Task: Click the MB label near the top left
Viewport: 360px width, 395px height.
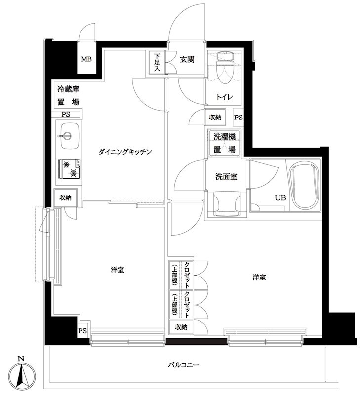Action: coord(86,60)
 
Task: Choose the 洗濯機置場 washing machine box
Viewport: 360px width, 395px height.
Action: coord(224,143)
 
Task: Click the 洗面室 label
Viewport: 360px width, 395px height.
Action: coord(226,176)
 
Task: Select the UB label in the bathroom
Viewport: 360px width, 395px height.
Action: coord(280,198)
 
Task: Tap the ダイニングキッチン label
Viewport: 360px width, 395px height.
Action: coord(124,152)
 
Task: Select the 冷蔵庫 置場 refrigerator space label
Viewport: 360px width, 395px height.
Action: coord(68,96)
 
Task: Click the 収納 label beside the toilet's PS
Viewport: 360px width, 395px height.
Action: coord(215,118)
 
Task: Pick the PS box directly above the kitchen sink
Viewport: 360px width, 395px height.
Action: coord(65,114)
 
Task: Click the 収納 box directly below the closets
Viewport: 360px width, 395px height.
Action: coord(181,327)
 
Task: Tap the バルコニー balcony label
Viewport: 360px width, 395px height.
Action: coord(183,366)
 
